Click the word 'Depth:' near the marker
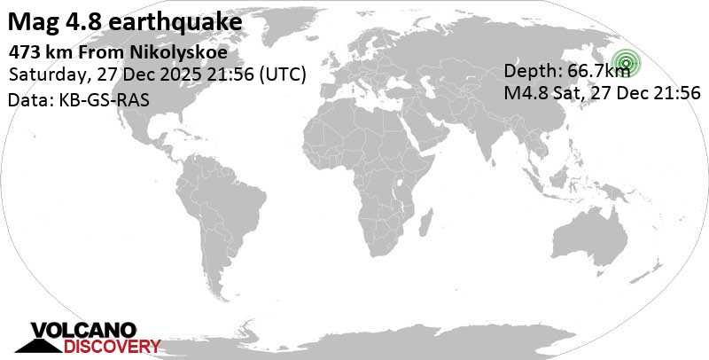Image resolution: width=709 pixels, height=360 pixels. coord(532,73)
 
